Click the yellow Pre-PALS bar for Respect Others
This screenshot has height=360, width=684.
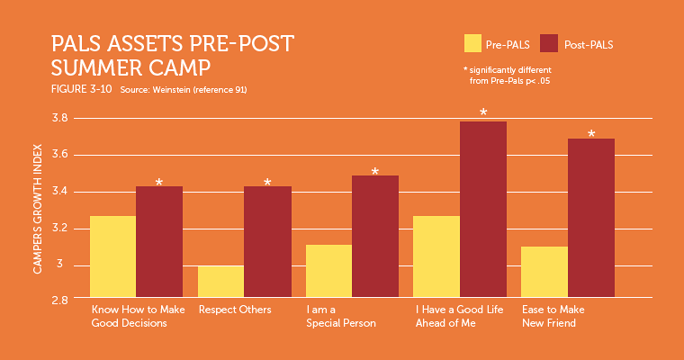point(220,282)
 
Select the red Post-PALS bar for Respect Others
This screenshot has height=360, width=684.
point(267,243)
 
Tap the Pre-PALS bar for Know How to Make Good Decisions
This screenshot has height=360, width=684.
point(112,257)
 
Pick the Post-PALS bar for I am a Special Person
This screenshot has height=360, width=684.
point(374,238)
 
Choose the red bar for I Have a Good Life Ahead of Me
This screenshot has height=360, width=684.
point(482,211)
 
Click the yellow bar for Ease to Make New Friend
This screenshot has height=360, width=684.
point(544,273)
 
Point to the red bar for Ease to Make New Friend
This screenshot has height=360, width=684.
point(590,219)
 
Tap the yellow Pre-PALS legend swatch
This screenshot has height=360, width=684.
point(472,43)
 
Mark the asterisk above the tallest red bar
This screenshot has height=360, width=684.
point(483,113)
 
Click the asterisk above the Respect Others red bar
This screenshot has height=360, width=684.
point(267,183)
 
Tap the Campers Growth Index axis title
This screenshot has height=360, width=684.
point(39,208)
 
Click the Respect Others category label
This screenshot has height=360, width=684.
point(234,310)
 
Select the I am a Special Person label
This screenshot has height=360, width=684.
point(341,316)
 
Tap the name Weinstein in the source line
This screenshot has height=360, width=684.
point(171,90)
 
